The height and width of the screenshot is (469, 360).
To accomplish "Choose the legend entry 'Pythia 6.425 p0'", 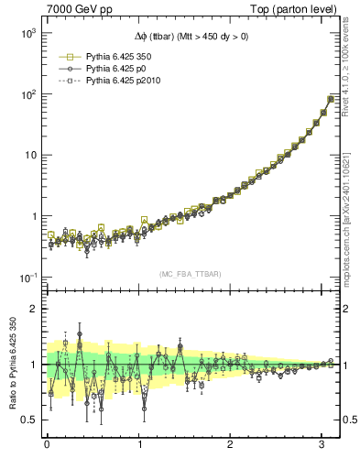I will coord(115,69).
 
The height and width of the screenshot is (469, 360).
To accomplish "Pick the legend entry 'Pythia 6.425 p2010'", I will coord(120,82).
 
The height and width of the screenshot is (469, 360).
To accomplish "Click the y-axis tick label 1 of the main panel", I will coord(32,216).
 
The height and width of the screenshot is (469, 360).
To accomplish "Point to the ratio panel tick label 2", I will coord(33,309).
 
